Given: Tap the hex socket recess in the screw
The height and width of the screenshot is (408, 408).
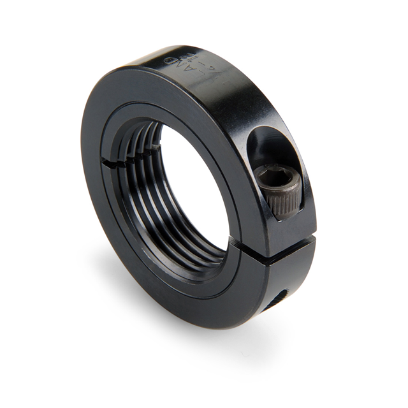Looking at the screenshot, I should [x=285, y=181].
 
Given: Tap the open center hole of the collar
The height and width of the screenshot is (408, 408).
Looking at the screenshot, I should [x=191, y=185].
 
